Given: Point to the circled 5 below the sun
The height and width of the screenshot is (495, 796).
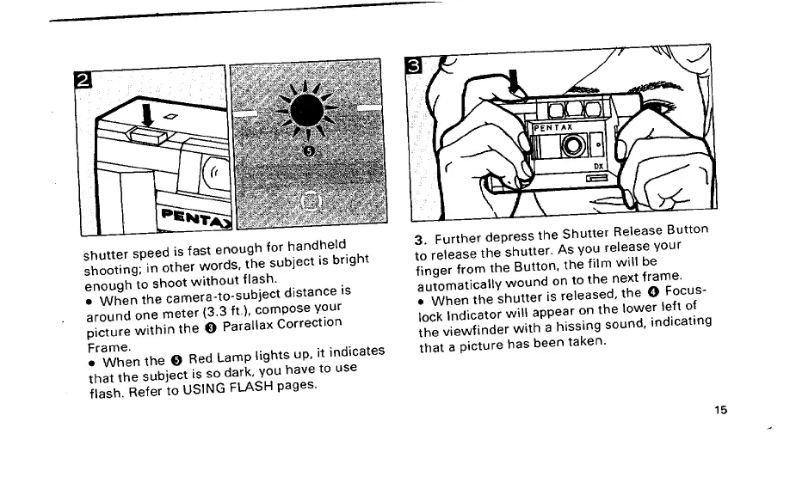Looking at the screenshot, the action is [311, 152].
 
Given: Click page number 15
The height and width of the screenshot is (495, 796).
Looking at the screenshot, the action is [720, 409].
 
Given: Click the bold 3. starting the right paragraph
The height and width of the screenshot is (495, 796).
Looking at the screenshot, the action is [421, 240].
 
